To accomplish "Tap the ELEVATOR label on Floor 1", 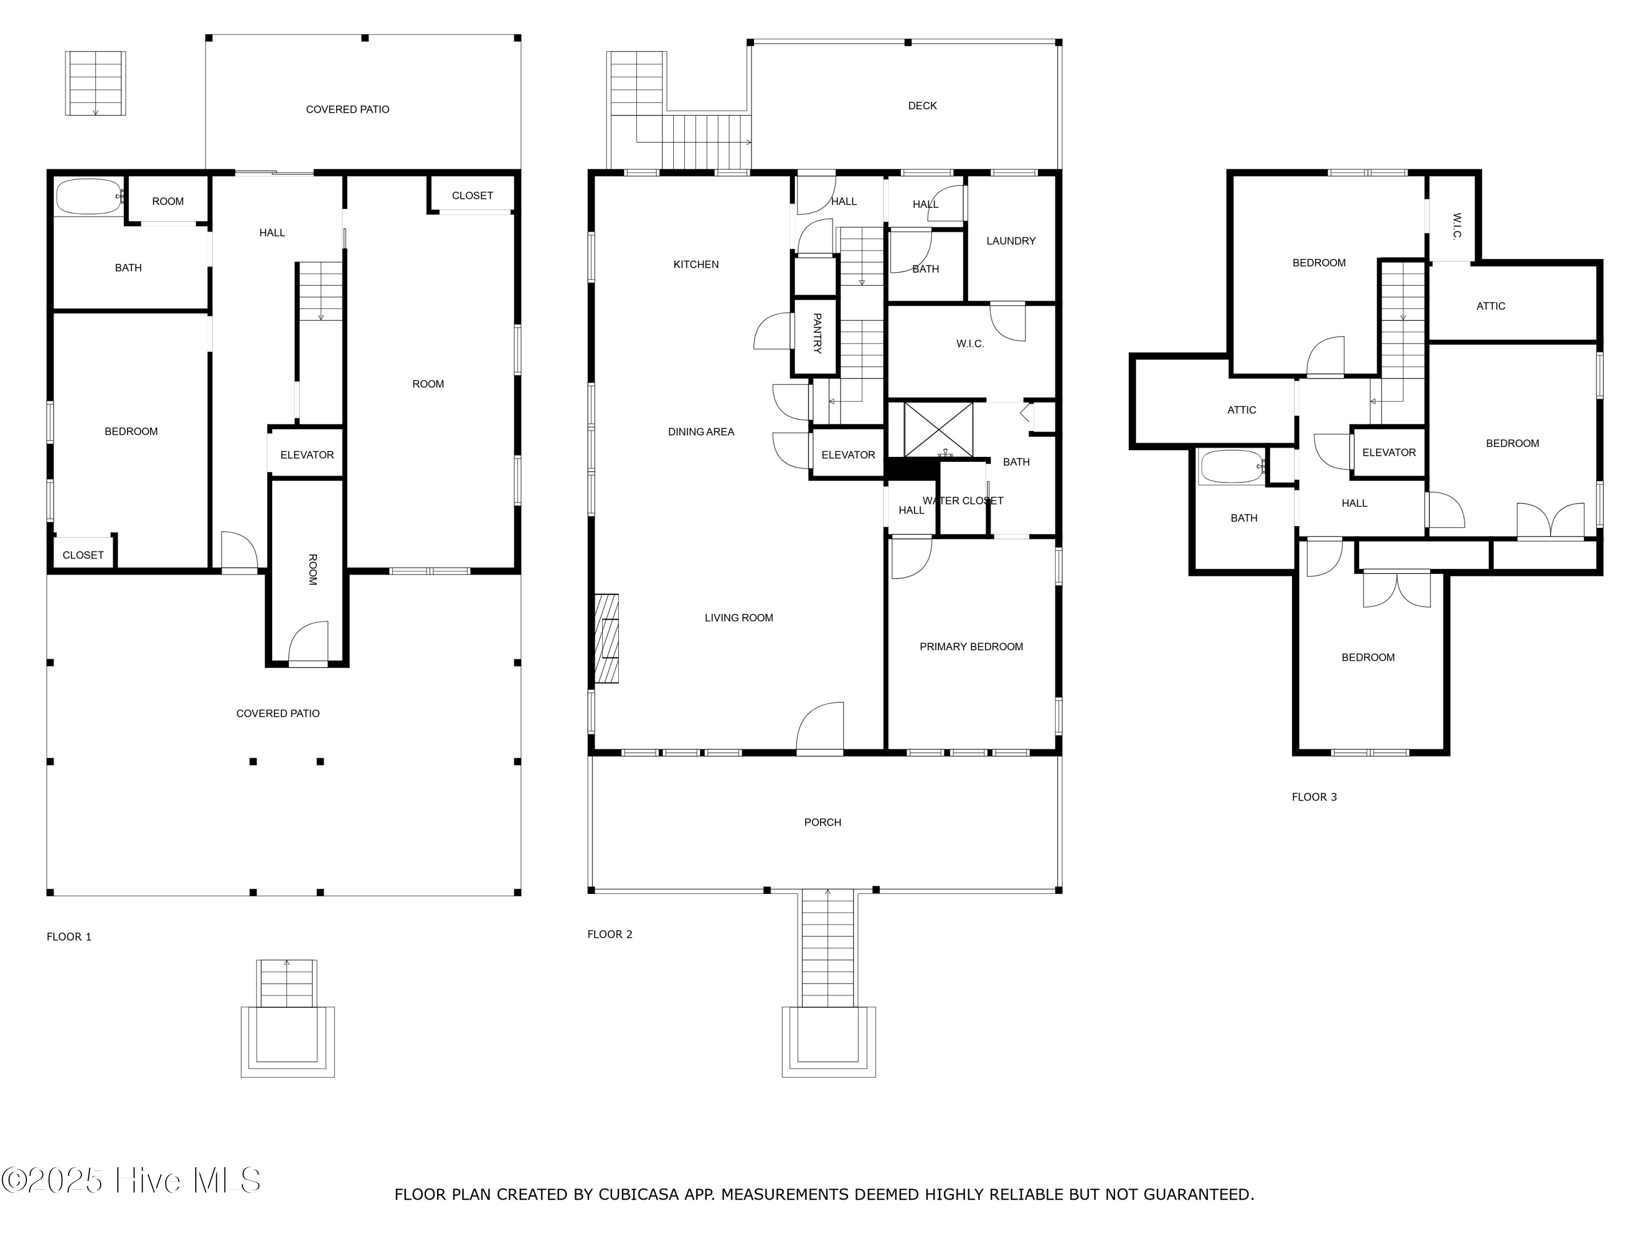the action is (306, 455).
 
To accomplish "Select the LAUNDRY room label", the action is (1011, 241).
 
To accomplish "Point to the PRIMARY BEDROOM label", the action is (971, 647).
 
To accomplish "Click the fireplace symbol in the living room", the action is (607, 638).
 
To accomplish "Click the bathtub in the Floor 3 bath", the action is (1233, 467).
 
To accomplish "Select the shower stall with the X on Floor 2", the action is (938, 429).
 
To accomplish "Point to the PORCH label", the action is (823, 822).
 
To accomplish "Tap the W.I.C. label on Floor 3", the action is (1457, 227).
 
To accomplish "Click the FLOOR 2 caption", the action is (609, 934).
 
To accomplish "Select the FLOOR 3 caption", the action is (1314, 797).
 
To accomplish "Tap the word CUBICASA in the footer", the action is (639, 1195).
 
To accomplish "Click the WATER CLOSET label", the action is (963, 500).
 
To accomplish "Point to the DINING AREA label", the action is (701, 432).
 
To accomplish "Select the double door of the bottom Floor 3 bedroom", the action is (1397, 589).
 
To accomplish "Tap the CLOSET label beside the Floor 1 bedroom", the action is (83, 555).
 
